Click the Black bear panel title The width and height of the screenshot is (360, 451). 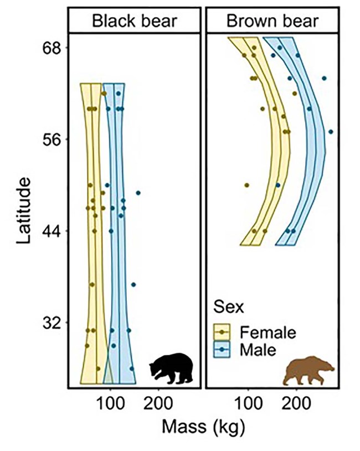coord(134,22)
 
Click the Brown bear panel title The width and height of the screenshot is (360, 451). coord(273,22)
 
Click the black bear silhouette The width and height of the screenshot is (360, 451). coord(172,368)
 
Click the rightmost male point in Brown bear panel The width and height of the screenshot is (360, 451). coord(331,132)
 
